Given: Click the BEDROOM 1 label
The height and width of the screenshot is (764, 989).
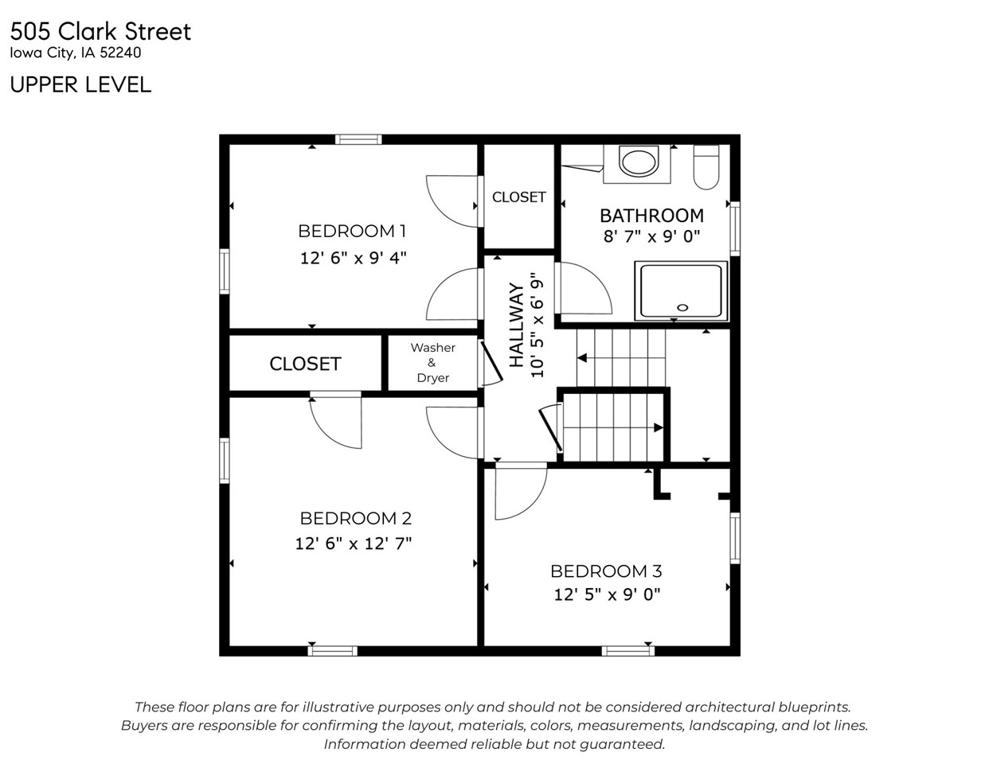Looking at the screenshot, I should click(x=352, y=231).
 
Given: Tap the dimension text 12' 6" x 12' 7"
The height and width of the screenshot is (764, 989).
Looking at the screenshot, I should click(x=353, y=544).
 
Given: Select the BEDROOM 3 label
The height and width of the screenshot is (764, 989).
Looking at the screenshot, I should click(x=606, y=571).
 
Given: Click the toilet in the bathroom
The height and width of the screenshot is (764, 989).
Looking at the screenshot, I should click(x=706, y=167).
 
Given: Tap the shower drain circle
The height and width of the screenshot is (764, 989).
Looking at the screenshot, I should click(x=682, y=307).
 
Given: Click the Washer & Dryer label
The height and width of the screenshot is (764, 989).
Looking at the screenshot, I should click(x=432, y=363).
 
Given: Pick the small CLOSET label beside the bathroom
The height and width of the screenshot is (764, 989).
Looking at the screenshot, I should click(x=518, y=197).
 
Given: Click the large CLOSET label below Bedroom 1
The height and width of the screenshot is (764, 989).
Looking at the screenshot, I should click(x=305, y=364).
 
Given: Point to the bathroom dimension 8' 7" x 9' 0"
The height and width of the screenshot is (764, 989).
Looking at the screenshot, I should click(x=651, y=236).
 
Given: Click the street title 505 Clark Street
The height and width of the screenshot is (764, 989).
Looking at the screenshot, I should click(x=100, y=32).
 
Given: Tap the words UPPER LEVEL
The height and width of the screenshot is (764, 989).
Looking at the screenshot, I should click(x=80, y=84).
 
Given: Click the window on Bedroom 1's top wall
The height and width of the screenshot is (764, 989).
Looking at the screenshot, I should click(x=358, y=139).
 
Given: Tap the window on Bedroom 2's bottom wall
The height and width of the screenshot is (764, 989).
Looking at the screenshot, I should click(x=333, y=650).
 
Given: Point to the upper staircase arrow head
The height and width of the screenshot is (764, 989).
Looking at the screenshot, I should click(x=582, y=358).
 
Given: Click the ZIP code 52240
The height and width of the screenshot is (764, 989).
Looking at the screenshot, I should click(x=121, y=54).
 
